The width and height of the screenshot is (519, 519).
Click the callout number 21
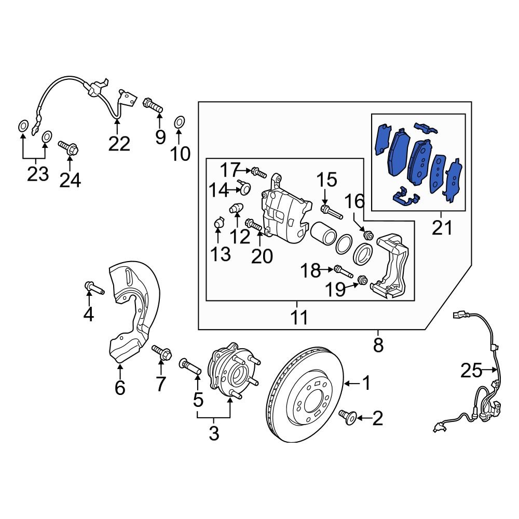442,227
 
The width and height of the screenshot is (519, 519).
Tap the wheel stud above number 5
190,366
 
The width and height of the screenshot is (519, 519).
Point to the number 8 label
378,344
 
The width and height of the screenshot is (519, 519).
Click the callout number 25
471,371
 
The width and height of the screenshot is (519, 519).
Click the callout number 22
119,143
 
